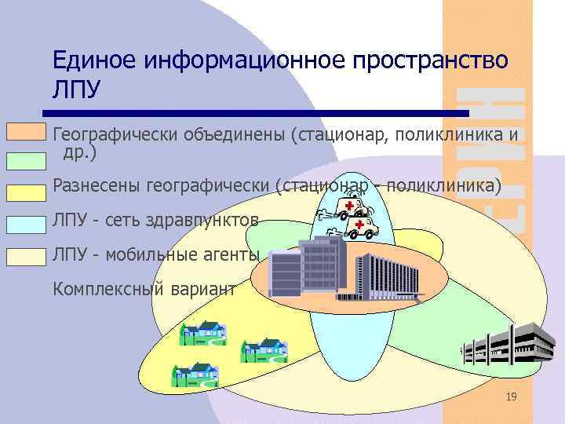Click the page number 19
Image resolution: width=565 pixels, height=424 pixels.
[511, 398]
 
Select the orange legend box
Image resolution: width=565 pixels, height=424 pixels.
[26, 130]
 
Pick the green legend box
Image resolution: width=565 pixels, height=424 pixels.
[26, 160]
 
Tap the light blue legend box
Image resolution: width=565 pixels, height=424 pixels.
[26, 224]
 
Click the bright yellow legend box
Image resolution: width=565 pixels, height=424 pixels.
[26, 192]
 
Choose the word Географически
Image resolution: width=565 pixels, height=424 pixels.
[115, 136]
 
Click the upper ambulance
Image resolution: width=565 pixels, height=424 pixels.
[351, 207]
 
